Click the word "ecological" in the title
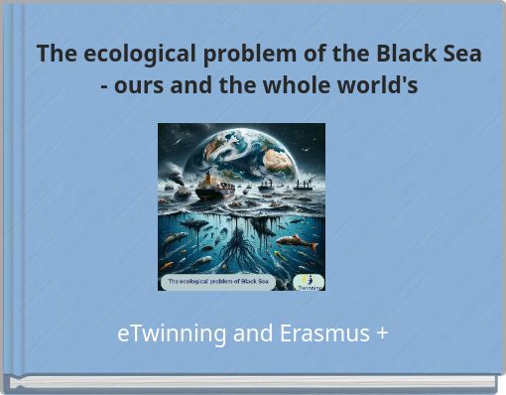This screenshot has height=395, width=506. (126, 54)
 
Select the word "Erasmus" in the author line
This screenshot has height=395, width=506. (322, 334)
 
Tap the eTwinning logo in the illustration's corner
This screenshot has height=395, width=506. (310, 281)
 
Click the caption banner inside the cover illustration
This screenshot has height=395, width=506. (219, 282)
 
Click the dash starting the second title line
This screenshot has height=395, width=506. (104, 87)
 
